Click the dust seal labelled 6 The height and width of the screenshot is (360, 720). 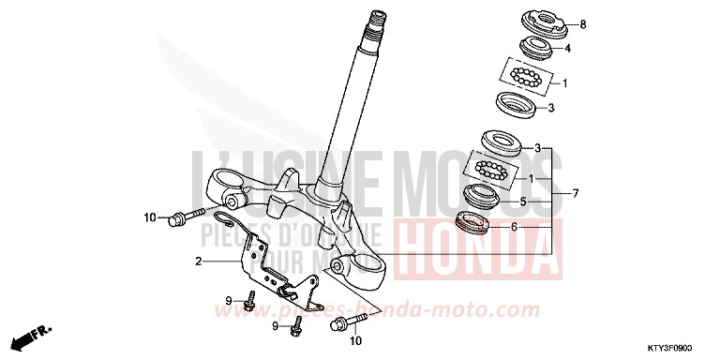(x=472, y=222)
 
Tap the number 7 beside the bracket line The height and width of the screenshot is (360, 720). (x=575, y=194)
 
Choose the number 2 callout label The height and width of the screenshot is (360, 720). (x=199, y=262)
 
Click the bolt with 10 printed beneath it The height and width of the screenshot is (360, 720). (x=342, y=326)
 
